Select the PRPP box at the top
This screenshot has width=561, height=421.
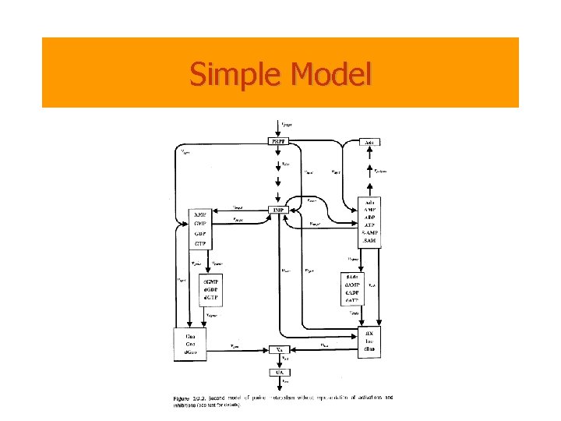(278, 142)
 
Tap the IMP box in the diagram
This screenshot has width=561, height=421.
(278, 210)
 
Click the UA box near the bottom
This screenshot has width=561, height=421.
(278, 373)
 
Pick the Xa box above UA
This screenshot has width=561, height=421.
(278, 350)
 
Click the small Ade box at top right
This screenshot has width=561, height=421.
(370, 143)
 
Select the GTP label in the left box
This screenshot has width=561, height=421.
(200, 244)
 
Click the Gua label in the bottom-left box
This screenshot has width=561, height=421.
(189, 335)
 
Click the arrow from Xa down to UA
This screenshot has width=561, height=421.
(278, 361)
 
